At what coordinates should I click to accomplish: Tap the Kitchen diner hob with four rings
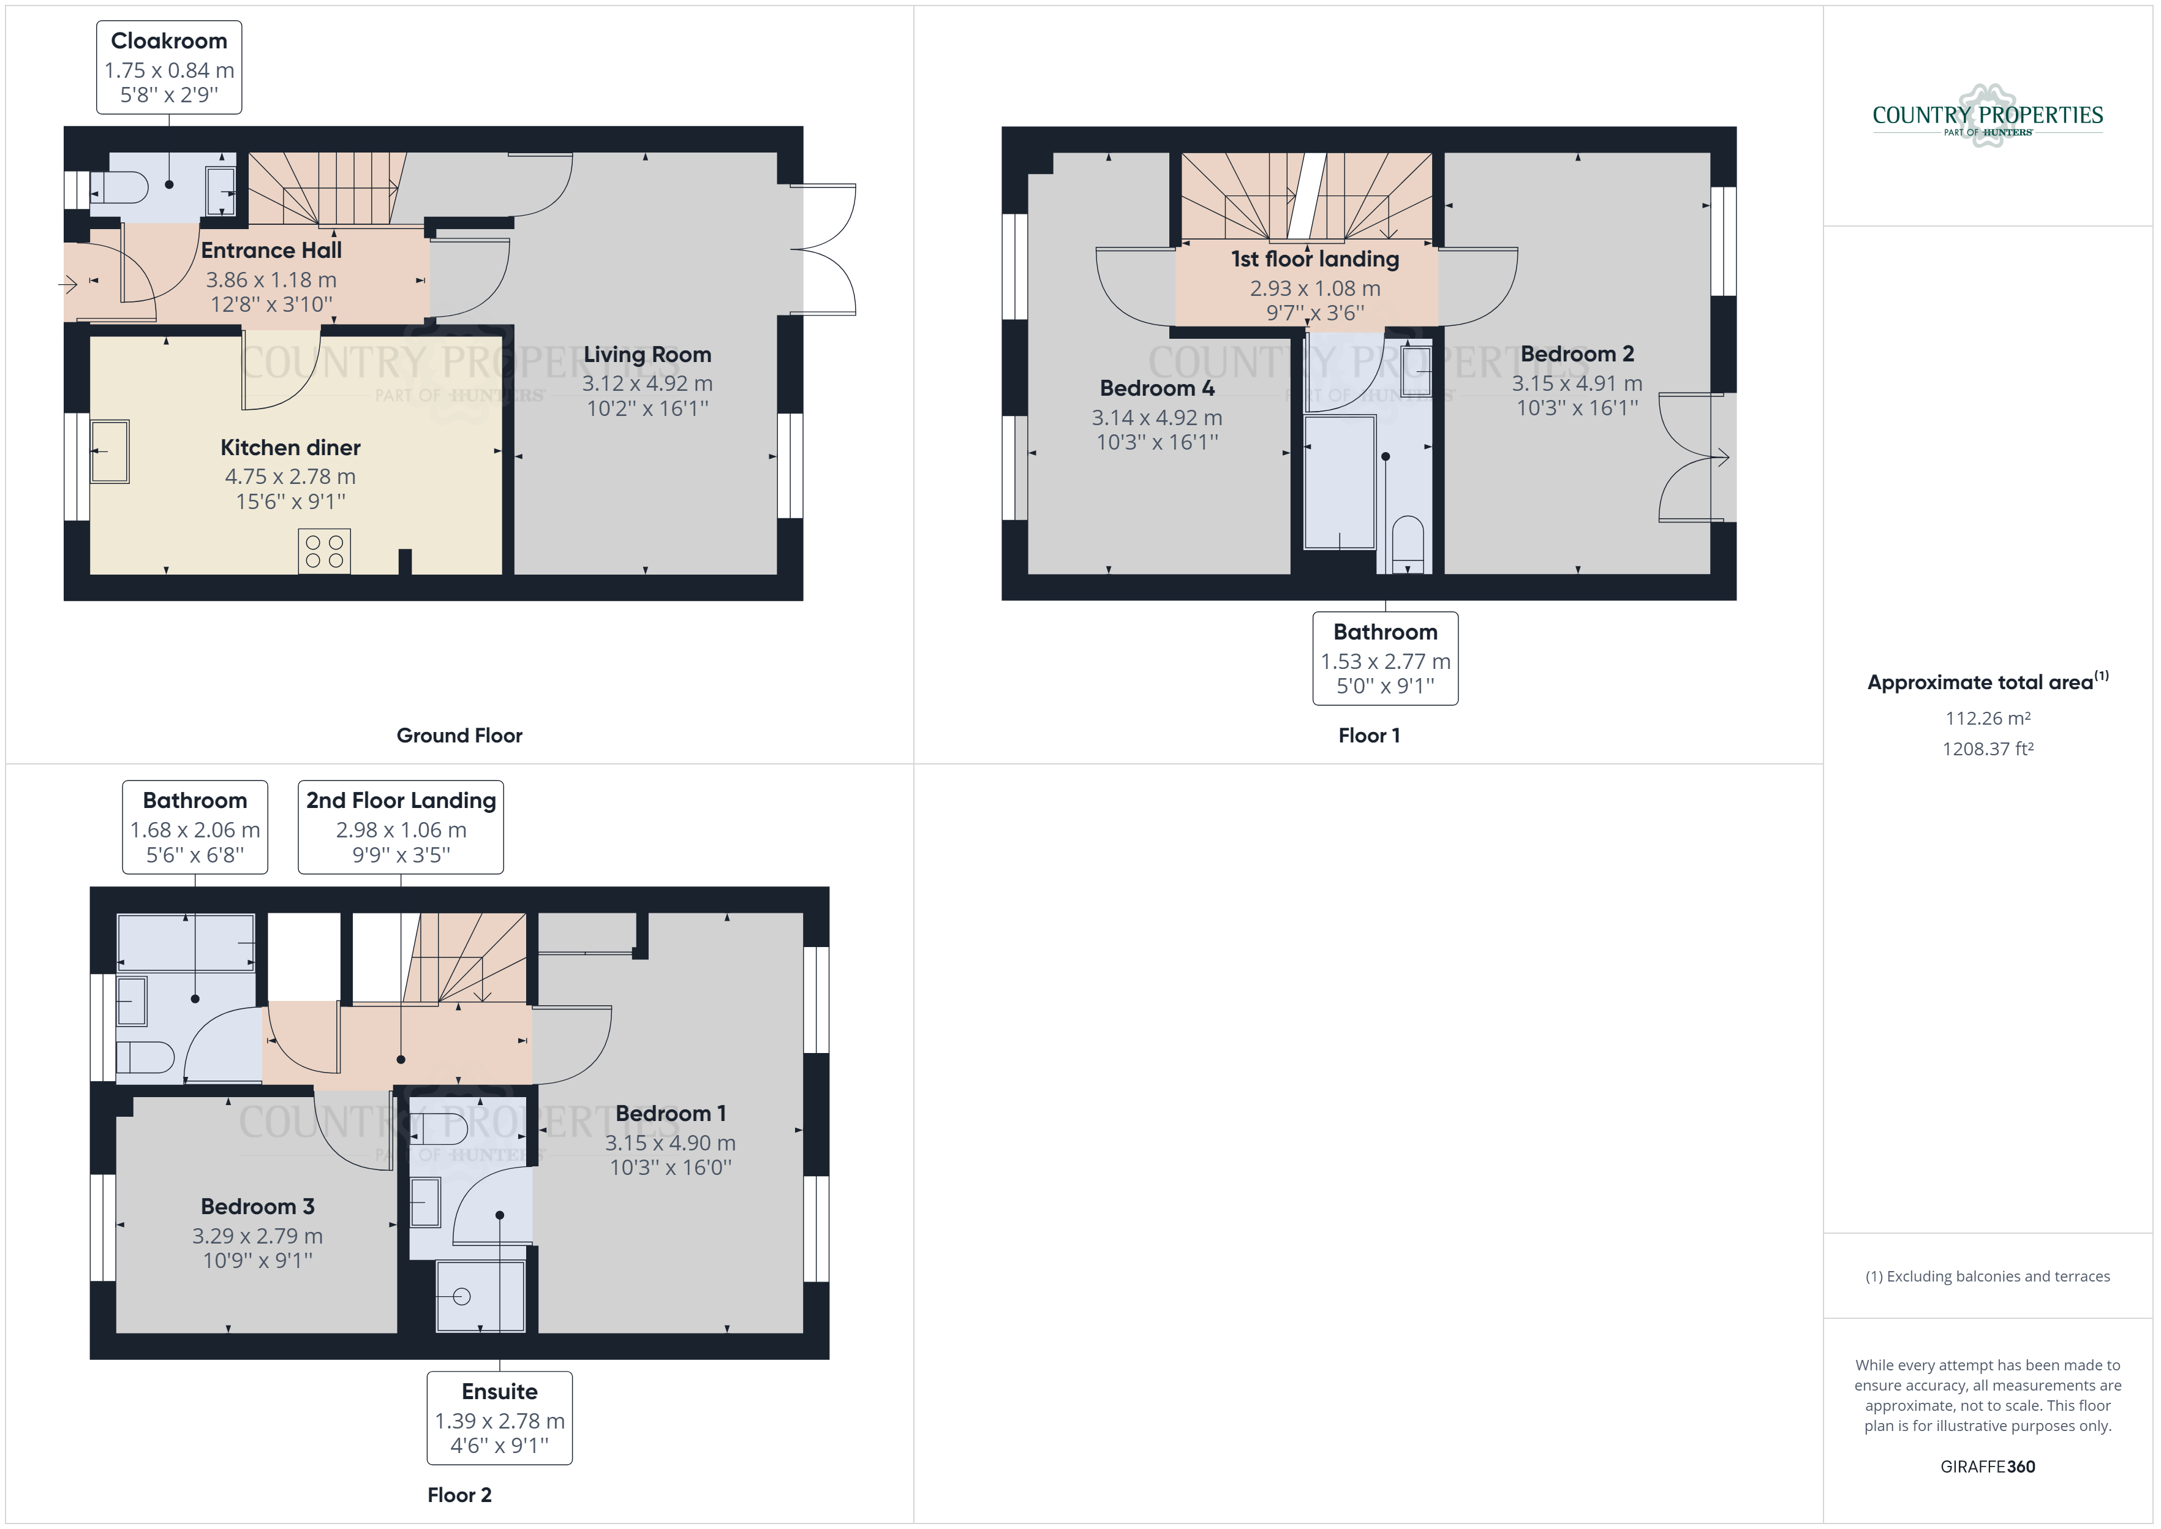325,551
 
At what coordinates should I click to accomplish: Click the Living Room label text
647,355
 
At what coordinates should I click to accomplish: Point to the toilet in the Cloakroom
119,187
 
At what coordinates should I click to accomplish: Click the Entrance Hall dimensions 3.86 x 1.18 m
271,279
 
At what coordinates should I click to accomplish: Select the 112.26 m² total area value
1988,719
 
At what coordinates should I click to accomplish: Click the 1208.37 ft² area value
1988,749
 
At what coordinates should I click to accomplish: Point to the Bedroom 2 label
1577,354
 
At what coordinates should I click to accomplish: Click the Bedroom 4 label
1156,388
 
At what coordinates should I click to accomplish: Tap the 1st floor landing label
1315,259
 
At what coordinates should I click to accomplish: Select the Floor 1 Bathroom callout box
1386,658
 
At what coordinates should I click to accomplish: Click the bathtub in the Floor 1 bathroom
1340,482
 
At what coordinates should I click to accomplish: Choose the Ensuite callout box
500,1418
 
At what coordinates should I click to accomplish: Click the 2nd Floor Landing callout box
401,826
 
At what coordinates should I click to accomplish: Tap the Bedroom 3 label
258,1207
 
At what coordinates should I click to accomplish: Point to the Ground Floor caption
459,735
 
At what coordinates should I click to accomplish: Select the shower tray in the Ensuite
480,1296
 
